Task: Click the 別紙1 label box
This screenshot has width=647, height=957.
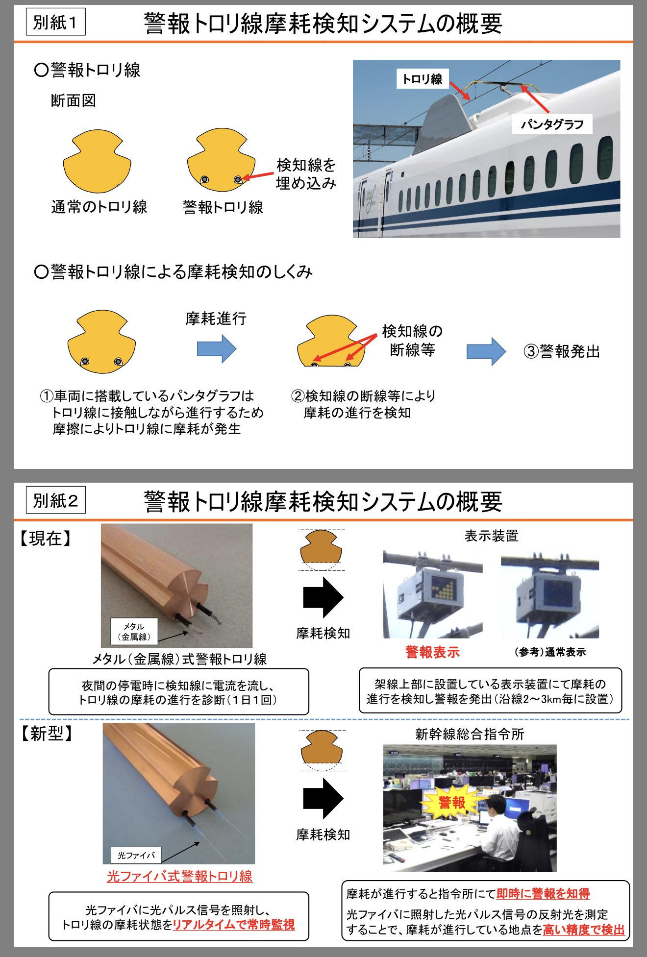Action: (55, 23)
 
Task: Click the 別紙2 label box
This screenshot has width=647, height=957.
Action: (55, 500)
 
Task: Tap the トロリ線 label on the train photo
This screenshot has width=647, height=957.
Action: (422, 79)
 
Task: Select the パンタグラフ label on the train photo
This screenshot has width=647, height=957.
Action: (552, 124)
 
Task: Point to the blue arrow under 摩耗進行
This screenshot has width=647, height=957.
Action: (217, 348)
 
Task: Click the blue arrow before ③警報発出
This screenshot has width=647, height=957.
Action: (486, 351)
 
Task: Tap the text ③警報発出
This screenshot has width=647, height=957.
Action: (562, 351)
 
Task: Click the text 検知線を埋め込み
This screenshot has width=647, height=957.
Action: (306, 174)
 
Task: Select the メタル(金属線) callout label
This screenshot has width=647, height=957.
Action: (134, 632)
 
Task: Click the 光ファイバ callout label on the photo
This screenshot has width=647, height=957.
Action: (136, 855)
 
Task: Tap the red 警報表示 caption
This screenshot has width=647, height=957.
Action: (432, 652)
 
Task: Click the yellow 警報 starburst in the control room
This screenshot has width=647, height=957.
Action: (451, 803)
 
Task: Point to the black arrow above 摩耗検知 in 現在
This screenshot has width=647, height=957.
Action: (323, 597)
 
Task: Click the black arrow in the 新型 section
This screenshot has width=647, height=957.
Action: (323, 798)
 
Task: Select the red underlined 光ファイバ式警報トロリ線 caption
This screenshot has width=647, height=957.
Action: (179, 876)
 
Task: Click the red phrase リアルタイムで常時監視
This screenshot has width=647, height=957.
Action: (234, 925)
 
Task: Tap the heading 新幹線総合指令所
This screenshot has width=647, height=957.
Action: (470, 734)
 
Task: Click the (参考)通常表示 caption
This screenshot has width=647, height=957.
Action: (550, 652)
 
